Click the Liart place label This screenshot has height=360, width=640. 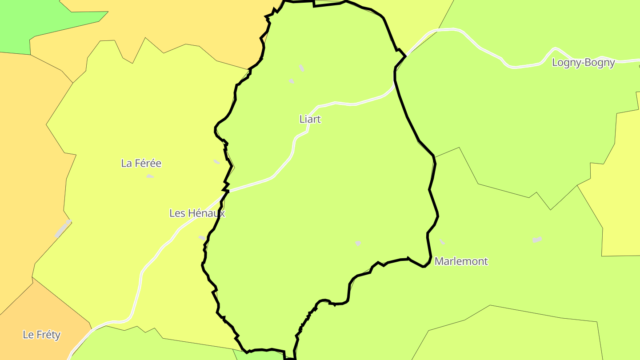[x=310, y=119]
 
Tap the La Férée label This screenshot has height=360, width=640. [x=141, y=163]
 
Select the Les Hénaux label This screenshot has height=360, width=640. [x=197, y=213]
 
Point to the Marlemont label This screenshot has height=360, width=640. [x=461, y=261]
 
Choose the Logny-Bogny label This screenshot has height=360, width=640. [x=583, y=63]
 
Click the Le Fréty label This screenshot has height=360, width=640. [x=41, y=335]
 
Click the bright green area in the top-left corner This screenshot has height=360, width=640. [x=27, y=22]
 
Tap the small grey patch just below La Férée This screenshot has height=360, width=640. [x=150, y=176]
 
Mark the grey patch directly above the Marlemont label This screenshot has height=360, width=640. [x=442, y=241]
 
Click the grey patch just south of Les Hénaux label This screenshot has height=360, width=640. [x=202, y=238]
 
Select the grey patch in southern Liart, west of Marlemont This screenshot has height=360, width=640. [x=358, y=243]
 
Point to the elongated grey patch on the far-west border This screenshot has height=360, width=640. [x=62, y=229]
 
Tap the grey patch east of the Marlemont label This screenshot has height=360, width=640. [x=537, y=240]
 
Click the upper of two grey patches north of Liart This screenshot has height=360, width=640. [x=302, y=68]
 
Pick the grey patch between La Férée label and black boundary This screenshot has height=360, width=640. [x=216, y=162]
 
